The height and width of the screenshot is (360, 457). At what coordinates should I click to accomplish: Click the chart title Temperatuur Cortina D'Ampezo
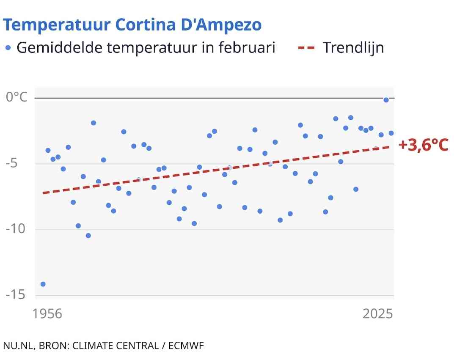132,25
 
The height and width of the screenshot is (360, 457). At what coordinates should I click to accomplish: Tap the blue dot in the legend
8,47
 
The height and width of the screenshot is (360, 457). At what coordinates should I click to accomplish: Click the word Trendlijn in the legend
353,47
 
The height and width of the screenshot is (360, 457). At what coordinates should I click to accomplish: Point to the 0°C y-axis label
17,97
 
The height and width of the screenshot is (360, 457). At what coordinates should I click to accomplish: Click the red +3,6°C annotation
423,145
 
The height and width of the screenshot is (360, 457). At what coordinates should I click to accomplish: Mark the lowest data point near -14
43,284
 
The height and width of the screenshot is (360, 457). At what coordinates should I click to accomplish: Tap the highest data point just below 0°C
386,100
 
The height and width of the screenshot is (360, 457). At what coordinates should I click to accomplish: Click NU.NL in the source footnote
18,345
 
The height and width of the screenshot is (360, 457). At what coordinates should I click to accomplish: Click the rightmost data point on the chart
391,133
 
